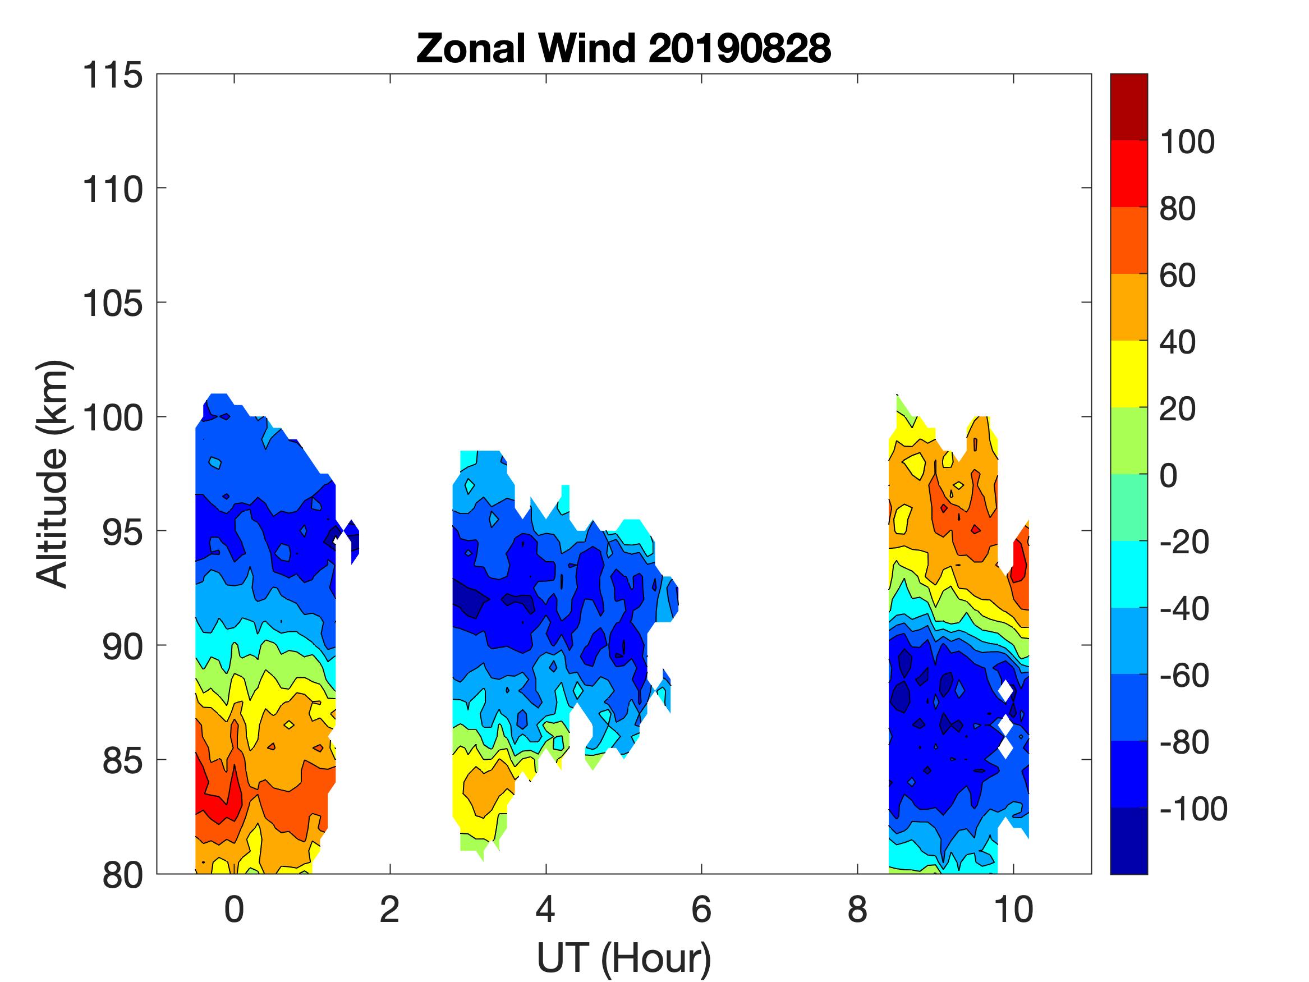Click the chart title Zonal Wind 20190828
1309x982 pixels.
623,48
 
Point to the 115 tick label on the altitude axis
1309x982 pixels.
112,76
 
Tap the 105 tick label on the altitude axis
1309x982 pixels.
112,304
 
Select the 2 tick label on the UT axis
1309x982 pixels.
389,910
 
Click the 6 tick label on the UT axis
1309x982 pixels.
701,910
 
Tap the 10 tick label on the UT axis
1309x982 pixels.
1013,910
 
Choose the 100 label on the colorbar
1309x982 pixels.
1187,142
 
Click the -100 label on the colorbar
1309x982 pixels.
1193,809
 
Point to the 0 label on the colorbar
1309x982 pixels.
1168,475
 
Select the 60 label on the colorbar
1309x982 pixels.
1177,276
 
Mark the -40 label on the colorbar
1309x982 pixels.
1183,608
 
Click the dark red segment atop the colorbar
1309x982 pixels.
1128,107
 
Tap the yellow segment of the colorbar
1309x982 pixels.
1128,374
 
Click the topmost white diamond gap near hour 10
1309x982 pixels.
1006,690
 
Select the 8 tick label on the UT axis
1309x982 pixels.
857,910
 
